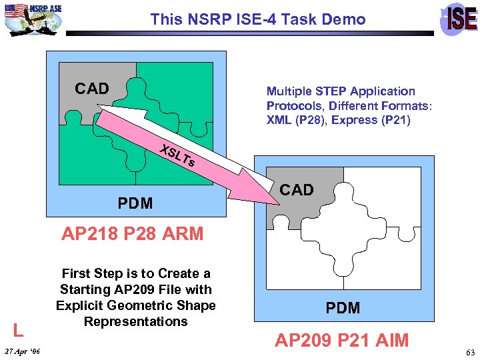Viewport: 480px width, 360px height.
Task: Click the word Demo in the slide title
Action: point(345,19)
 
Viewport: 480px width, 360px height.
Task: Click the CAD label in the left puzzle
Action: point(92,89)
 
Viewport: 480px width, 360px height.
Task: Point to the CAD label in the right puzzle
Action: point(297,190)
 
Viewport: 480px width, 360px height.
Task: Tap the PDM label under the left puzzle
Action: point(135,203)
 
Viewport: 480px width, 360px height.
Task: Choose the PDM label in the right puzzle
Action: point(343,308)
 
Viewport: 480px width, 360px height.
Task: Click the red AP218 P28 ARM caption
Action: point(132,234)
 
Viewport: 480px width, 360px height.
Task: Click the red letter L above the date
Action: point(19,329)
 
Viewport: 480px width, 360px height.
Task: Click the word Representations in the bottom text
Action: point(135,321)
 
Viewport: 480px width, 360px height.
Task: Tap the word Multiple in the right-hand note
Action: point(290,91)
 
